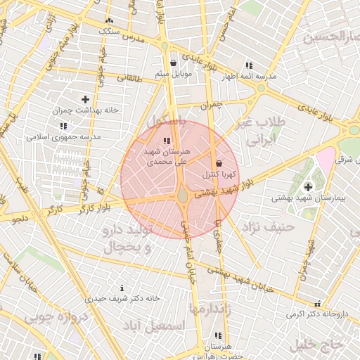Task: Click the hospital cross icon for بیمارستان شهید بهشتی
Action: tap(309, 186)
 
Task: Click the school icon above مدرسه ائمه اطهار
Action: tap(249, 65)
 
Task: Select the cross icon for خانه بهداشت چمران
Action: tap(86, 100)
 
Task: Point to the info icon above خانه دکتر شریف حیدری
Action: tap(123, 288)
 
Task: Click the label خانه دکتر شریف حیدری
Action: tap(123, 298)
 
